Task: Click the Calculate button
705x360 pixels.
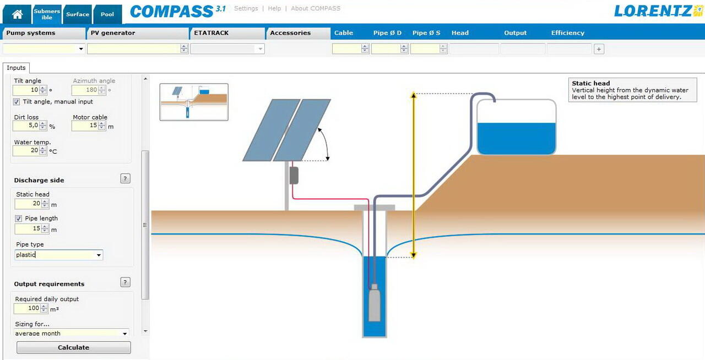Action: coord(73,347)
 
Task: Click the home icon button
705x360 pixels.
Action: coord(17,14)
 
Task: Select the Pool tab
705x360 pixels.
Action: coord(107,14)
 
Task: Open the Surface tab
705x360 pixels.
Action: coord(78,14)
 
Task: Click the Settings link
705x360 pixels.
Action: coord(246,8)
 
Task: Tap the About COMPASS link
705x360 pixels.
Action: coord(315,8)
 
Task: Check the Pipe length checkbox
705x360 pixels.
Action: coord(18,219)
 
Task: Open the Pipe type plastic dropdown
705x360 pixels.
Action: coord(58,255)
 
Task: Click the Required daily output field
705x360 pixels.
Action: coord(27,308)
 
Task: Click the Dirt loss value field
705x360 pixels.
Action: coord(26,126)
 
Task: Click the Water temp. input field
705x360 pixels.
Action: coord(26,150)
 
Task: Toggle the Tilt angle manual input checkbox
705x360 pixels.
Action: coord(17,102)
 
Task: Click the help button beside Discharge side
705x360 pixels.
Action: coord(125,178)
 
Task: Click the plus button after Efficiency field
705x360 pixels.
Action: coord(599,49)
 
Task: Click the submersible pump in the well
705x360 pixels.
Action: coord(374,303)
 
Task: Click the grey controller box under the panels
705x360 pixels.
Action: coord(294,175)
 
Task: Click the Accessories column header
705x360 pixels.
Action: coord(290,33)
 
